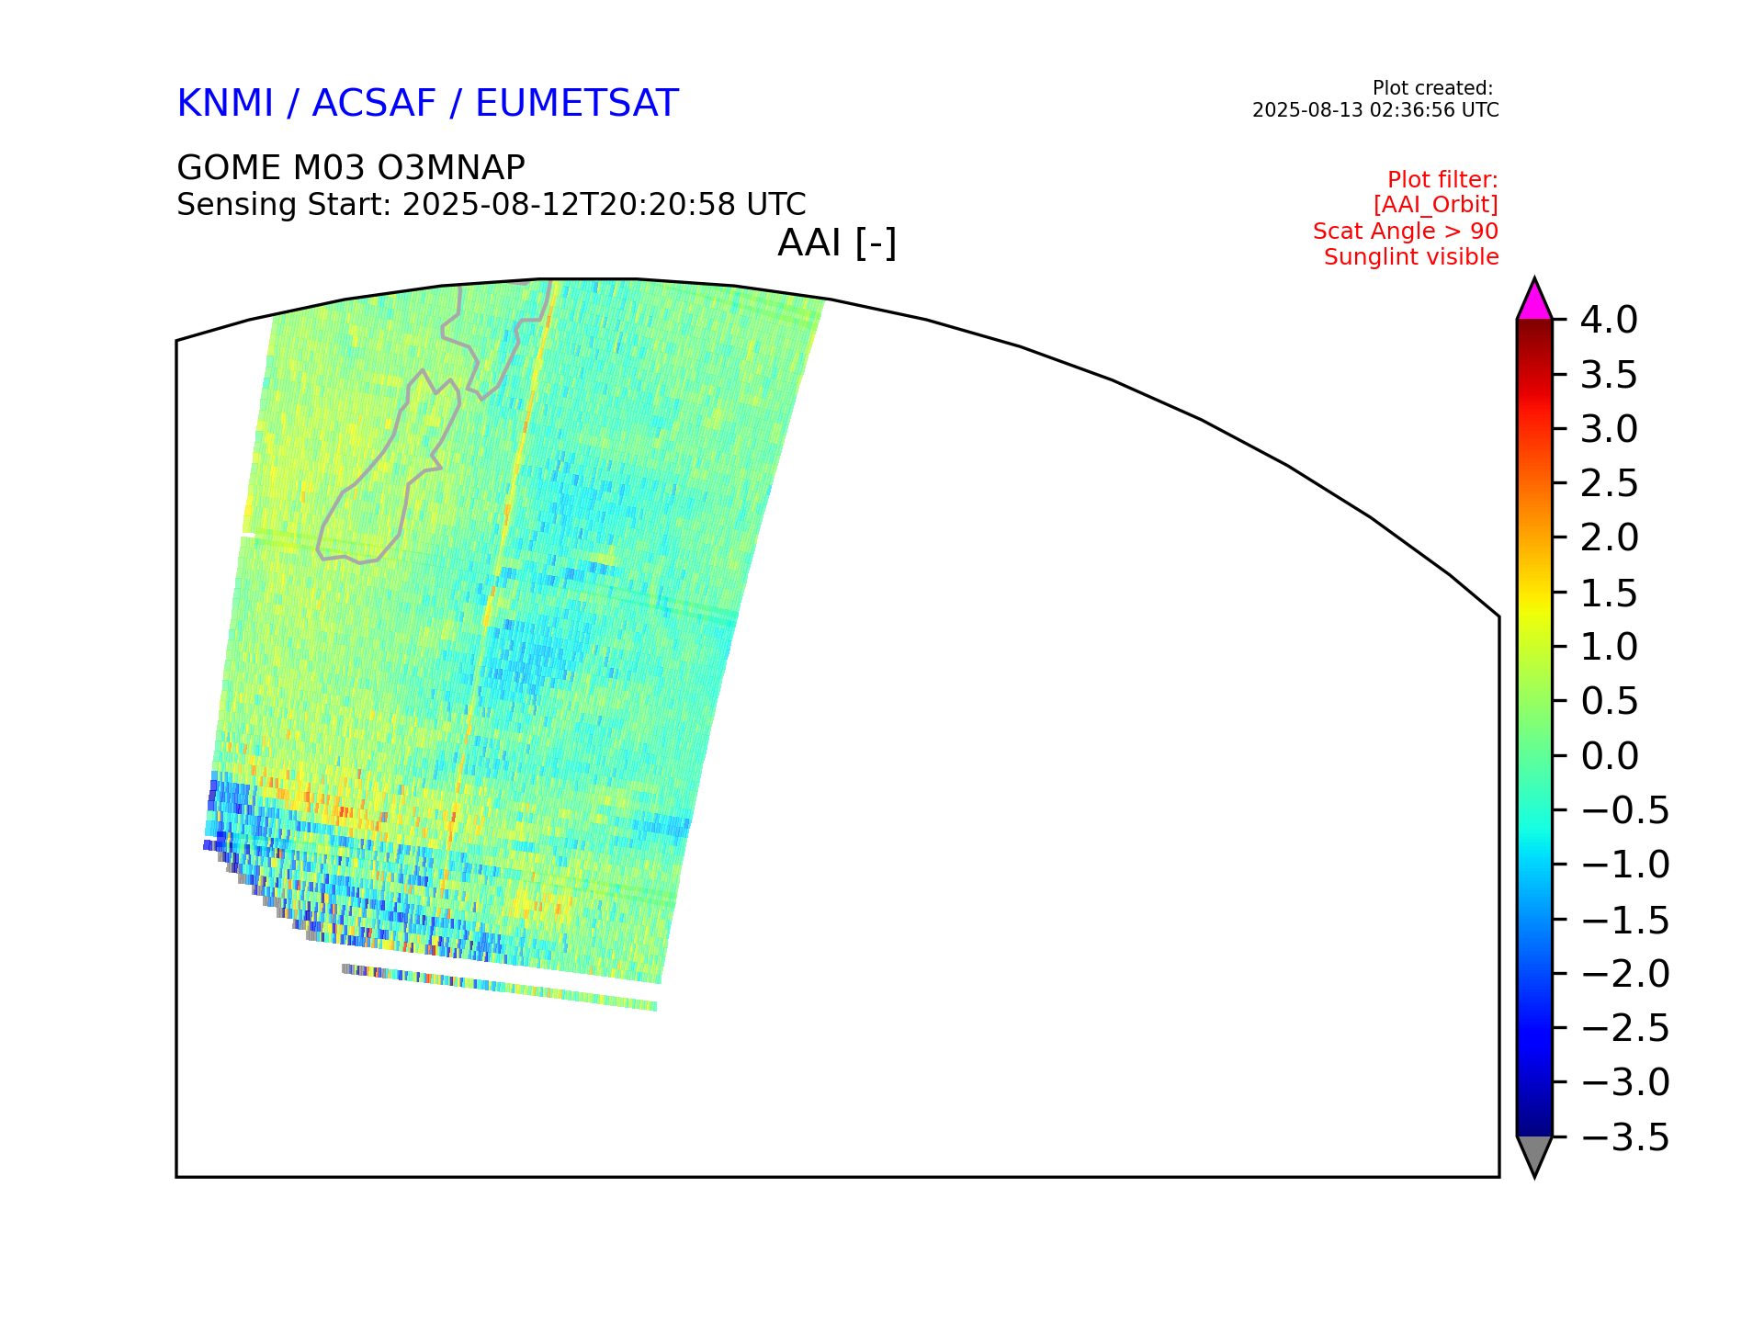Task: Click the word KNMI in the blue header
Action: [225, 104]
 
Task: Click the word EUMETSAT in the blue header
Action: [577, 104]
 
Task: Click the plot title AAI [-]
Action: [837, 243]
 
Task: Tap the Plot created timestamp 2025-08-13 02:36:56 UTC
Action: [1375, 110]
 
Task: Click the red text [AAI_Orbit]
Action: [1436, 205]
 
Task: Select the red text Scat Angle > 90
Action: [1406, 232]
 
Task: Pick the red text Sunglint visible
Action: [1411, 257]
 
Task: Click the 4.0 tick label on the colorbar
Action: [1609, 320]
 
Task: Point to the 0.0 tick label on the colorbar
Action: [1610, 756]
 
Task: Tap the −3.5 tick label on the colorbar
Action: [1624, 1137]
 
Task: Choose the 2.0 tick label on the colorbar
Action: [1610, 537]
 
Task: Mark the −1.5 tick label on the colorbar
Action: [1624, 920]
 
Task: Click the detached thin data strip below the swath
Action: [499, 988]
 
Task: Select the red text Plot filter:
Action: [1442, 179]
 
